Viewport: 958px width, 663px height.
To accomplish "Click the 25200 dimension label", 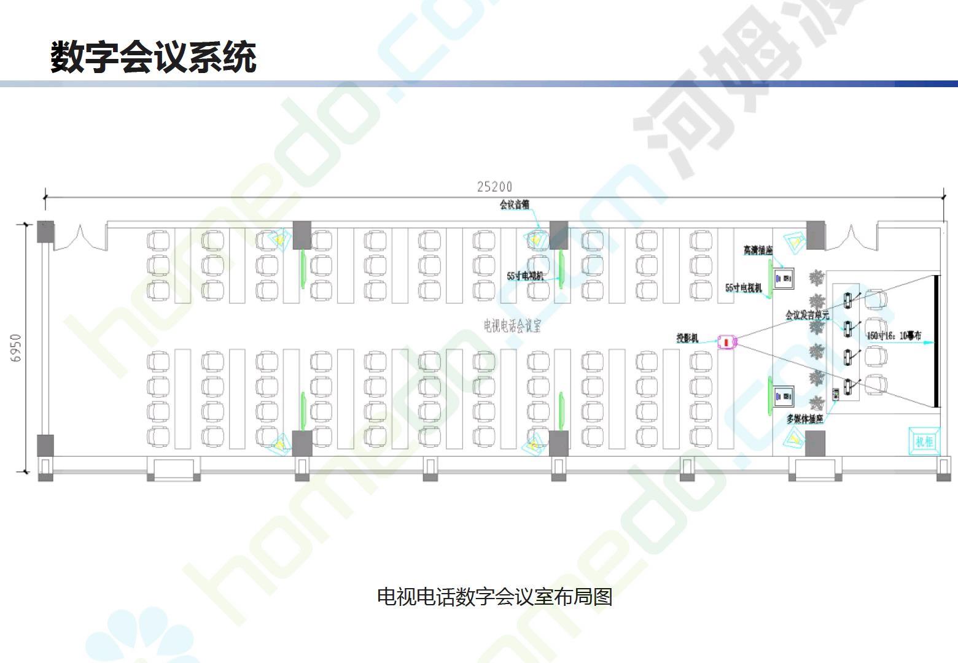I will [494, 187].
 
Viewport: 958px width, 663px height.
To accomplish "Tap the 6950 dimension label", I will [17, 347].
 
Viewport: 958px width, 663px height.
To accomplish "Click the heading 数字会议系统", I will [153, 57].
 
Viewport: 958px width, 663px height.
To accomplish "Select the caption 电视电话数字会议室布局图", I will [494, 596].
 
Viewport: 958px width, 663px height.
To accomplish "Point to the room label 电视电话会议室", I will [512, 325].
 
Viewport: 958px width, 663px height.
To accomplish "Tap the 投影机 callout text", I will [687, 338].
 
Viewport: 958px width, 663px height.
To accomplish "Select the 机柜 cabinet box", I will [924, 441].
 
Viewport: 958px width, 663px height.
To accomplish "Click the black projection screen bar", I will [937, 341].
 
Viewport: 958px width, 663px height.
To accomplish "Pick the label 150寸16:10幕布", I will [894, 336].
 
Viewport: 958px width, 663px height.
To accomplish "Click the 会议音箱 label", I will [514, 204].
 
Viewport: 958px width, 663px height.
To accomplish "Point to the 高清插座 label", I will [758, 250].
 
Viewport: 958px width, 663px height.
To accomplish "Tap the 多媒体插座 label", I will [804, 419].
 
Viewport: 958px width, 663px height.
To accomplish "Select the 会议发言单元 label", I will [807, 316].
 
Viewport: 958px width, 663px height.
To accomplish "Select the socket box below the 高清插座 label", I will [784, 279].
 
